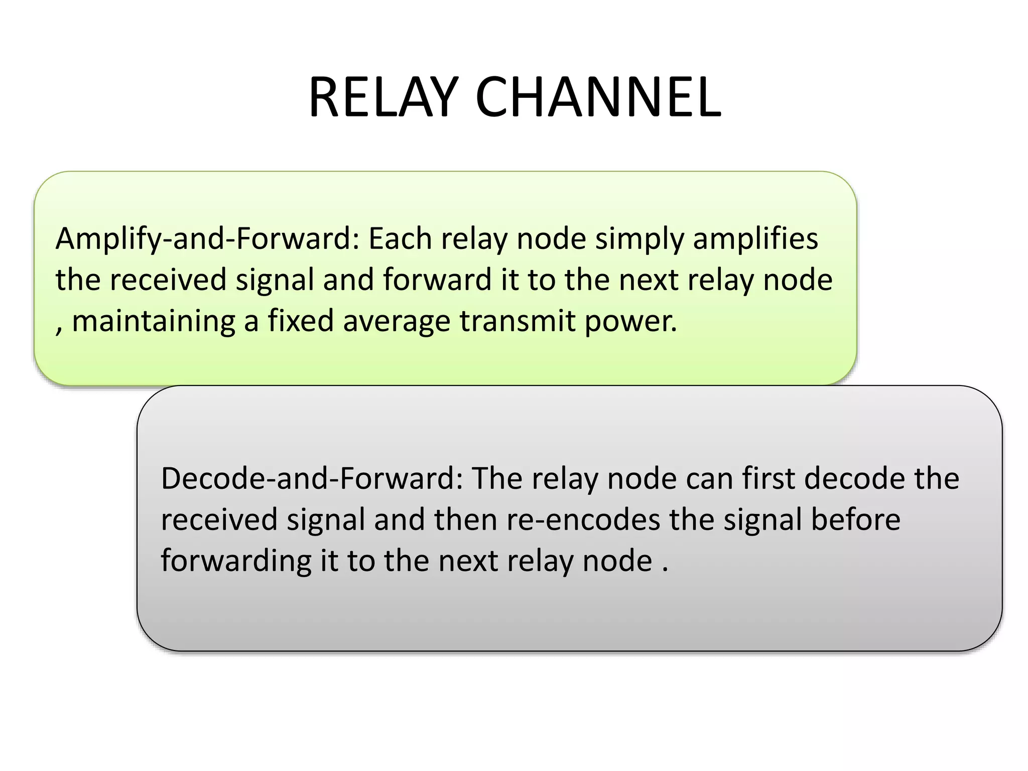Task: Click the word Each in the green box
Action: click(400, 239)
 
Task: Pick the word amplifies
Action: click(755, 239)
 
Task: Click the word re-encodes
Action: click(583, 520)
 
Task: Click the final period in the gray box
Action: click(665, 570)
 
